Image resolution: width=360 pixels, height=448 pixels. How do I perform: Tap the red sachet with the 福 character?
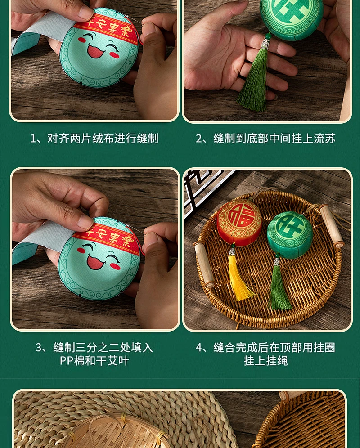[239, 223]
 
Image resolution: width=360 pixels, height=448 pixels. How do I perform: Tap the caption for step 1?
[94, 139]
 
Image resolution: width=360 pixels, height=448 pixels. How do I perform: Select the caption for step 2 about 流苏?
[265, 139]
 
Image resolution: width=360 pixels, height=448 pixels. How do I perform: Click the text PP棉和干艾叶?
[94, 361]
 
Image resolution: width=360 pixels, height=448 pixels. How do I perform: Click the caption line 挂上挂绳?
[265, 361]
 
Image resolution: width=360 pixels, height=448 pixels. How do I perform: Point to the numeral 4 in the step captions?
[199, 348]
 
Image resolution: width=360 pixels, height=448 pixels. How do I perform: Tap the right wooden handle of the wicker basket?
[331, 226]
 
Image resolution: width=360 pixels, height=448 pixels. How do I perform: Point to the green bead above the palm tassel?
[268, 36]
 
